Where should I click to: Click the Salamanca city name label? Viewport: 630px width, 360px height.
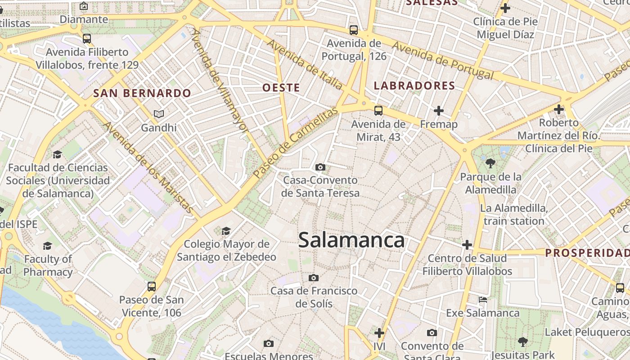tap(351, 240)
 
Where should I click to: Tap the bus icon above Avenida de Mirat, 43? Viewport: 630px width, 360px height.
tap(378, 110)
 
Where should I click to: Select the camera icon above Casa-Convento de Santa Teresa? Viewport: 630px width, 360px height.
tap(320, 167)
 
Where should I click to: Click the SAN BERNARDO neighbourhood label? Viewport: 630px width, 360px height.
tap(142, 94)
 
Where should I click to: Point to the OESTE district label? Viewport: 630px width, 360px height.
tap(281, 88)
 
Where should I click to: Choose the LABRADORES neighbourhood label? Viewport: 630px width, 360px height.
tap(414, 86)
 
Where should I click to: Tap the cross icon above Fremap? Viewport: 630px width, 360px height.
tap(438, 110)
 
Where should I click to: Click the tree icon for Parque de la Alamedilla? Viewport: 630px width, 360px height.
tap(490, 163)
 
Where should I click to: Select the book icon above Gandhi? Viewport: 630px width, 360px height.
tap(159, 114)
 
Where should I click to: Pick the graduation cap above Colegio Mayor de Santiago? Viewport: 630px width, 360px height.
tap(226, 231)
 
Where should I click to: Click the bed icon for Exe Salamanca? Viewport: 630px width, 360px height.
tap(483, 300)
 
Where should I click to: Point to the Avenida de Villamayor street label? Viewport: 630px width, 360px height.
tap(220, 81)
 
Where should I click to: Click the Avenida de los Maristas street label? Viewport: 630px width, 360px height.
tap(149, 167)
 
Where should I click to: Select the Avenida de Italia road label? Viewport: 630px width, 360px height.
tap(305, 64)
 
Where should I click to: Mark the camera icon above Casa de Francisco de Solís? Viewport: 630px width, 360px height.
tap(314, 278)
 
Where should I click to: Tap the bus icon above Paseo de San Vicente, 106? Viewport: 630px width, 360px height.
tap(152, 286)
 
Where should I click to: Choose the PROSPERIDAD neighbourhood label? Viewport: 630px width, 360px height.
tap(587, 253)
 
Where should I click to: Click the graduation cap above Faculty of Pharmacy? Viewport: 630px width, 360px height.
tap(47, 246)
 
